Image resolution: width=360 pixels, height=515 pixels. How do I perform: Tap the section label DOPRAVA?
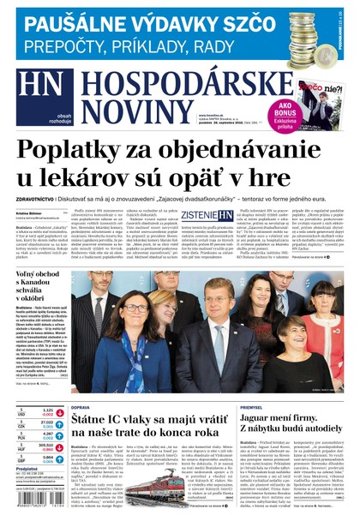point(80,407)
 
